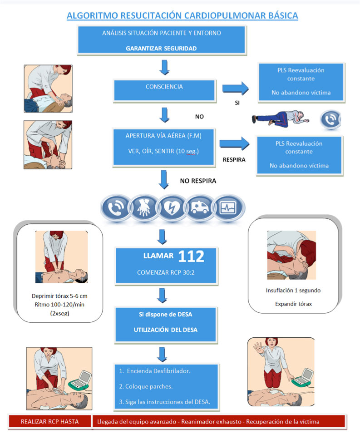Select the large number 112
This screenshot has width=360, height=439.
[x=191, y=256]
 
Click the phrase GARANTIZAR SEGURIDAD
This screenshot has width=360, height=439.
[x=162, y=48]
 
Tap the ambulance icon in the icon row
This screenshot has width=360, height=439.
[x=201, y=207]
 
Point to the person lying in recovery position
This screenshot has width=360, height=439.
[x=281, y=119]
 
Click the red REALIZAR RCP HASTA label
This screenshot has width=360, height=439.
[x=49, y=421]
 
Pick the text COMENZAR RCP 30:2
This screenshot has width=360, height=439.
[x=163, y=272]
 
